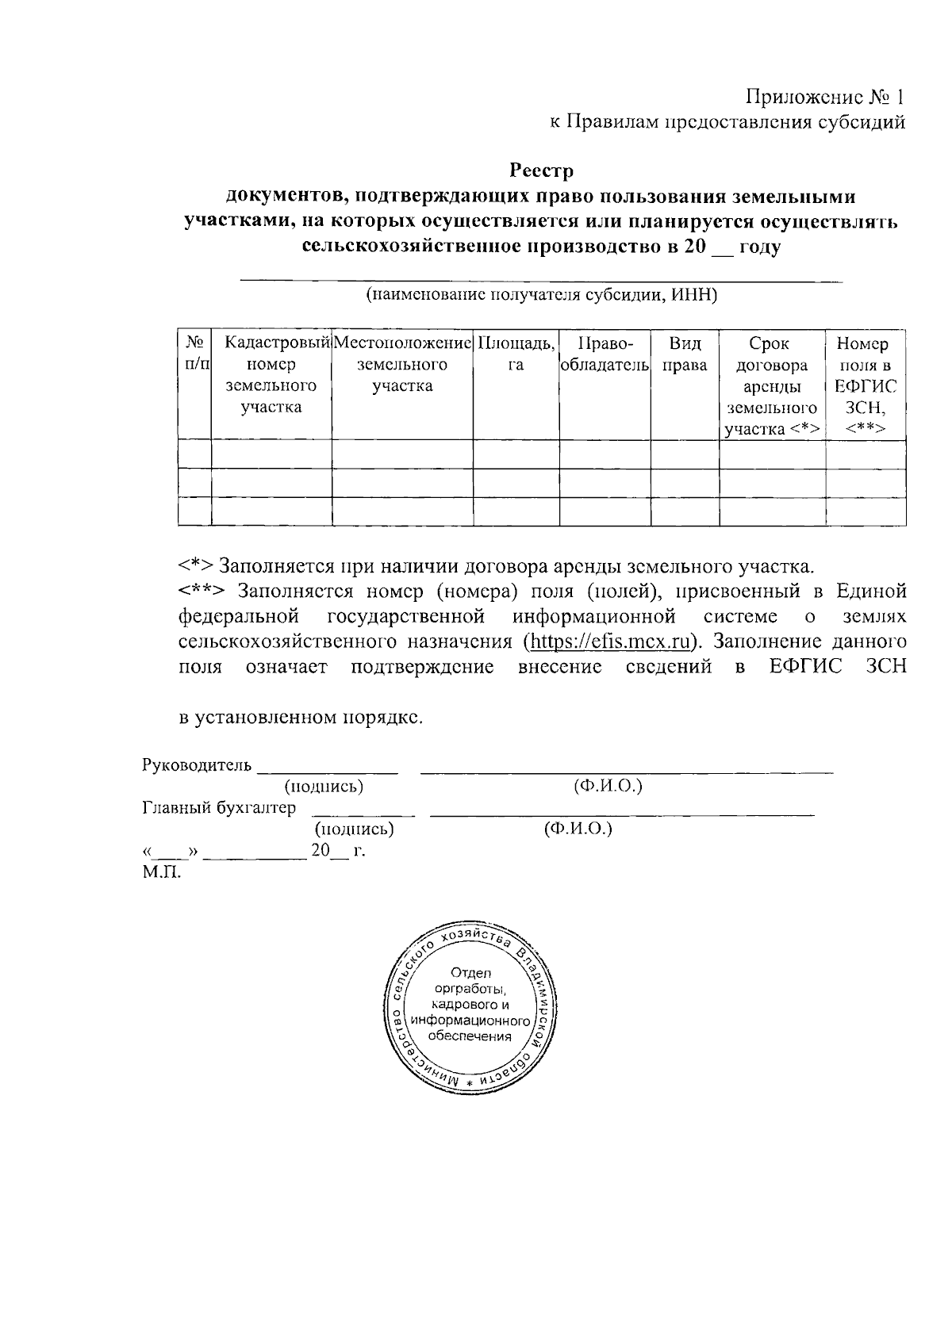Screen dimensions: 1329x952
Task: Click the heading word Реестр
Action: (x=541, y=170)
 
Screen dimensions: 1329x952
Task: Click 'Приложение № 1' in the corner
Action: (x=825, y=98)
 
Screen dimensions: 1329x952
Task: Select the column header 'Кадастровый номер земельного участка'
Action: (x=271, y=375)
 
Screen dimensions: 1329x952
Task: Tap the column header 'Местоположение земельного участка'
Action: (x=402, y=365)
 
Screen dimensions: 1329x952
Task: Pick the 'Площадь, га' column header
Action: (x=516, y=354)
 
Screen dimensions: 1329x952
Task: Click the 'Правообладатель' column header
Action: (x=605, y=354)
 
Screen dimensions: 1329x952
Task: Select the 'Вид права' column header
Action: (x=685, y=354)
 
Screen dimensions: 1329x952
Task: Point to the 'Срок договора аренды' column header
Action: (x=772, y=386)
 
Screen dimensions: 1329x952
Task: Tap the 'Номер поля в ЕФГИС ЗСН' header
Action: (x=866, y=386)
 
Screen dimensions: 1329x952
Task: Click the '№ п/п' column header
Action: (x=195, y=354)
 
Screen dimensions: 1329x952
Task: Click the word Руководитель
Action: (x=197, y=765)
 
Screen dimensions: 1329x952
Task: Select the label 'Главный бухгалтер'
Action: (x=218, y=807)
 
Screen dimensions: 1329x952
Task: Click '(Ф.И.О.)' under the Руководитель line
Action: (x=607, y=786)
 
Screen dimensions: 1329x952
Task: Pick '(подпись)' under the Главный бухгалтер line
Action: (x=354, y=829)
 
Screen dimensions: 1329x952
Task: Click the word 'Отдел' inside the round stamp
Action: (x=471, y=972)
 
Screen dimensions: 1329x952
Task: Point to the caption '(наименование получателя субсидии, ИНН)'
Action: (x=541, y=296)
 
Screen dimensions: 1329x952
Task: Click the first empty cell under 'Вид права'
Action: (x=685, y=454)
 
